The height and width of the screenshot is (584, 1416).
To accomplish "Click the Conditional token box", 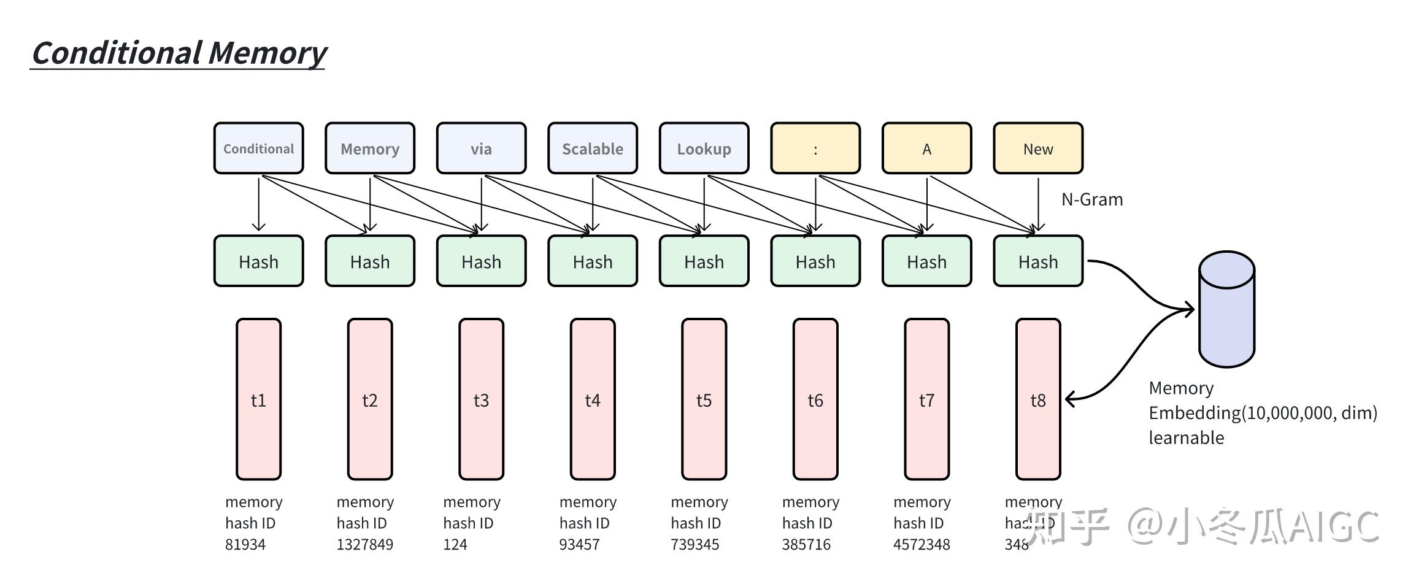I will tap(258, 148).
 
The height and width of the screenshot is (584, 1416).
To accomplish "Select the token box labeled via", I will tap(481, 148).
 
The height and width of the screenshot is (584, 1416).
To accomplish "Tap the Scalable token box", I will tap(593, 148).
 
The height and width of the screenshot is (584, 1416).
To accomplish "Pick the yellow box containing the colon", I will tap(815, 148).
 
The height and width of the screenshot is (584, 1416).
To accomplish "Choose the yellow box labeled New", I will tap(1038, 148).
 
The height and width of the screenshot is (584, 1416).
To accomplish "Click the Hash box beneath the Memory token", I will tap(370, 261).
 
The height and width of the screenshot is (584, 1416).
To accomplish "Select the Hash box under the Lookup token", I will tap(704, 261).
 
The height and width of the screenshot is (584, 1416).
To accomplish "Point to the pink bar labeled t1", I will tap(258, 399).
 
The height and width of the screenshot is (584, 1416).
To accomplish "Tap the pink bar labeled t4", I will tap(593, 399).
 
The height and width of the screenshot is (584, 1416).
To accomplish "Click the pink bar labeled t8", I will tap(1038, 399).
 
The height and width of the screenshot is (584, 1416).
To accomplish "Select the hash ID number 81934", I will tap(245, 545).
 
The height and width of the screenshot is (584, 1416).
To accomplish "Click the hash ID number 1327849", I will tap(364, 545).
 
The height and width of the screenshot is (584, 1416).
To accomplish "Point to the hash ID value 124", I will tap(455, 545).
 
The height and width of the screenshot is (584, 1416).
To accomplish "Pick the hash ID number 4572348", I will tap(922, 545).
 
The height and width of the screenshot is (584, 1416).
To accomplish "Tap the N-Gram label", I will tap(1092, 199).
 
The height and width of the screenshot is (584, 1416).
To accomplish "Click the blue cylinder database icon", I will tap(1226, 310).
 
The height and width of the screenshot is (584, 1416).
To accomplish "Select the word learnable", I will tap(1186, 438).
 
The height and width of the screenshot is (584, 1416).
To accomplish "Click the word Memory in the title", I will tap(267, 53).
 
